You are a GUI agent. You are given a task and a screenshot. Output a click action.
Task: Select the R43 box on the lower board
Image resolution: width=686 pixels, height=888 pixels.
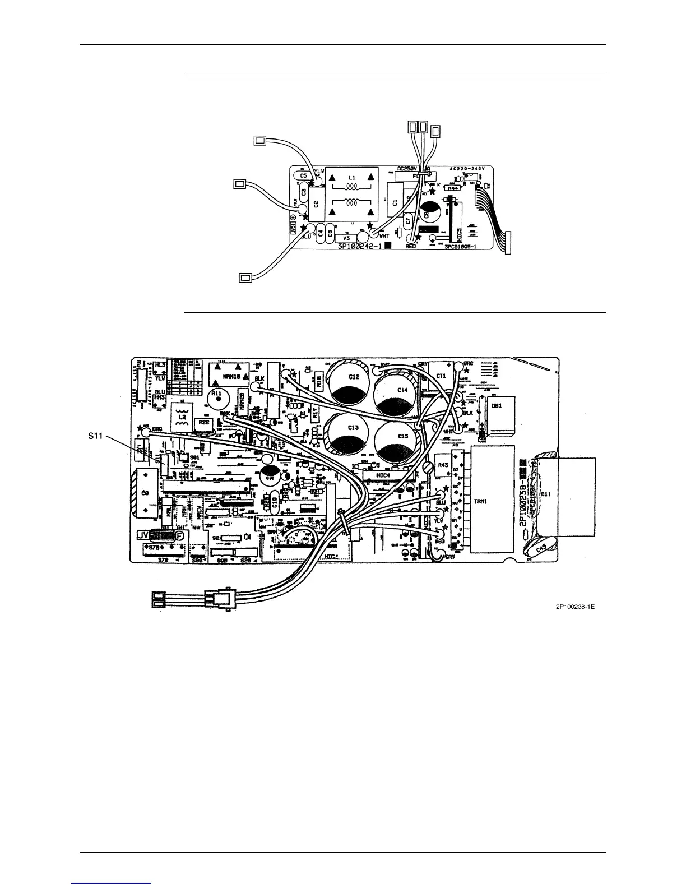(442, 465)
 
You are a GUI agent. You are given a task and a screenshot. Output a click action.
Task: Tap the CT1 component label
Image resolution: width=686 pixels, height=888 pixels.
(441, 377)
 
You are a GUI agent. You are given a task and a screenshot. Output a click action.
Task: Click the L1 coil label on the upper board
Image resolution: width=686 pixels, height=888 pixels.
(351, 177)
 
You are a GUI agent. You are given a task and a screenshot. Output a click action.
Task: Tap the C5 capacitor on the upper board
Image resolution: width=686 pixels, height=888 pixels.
(303, 175)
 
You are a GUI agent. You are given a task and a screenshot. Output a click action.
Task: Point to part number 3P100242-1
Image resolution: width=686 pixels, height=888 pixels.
(360, 246)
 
